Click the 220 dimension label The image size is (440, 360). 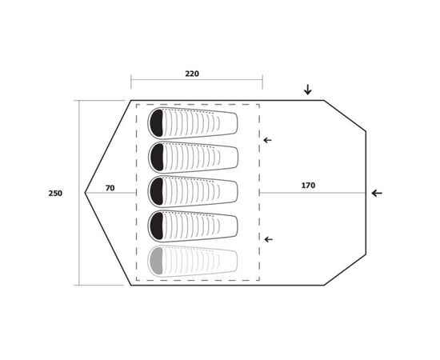pyautogui.click(x=192, y=74)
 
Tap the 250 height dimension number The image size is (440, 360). pyautogui.click(x=55, y=194)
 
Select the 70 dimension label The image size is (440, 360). pyautogui.click(x=110, y=188)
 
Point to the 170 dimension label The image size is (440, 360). pyautogui.click(x=308, y=186)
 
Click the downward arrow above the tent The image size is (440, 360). pyautogui.click(x=308, y=90)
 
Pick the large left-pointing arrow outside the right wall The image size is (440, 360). pyautogui.click(x=377, y=193)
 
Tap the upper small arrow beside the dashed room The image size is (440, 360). pyautogui.click(x=267, y=140)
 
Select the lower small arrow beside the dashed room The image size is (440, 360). pyautogui.click(x=269, y=239)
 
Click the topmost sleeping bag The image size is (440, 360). pyautogui.click(x=193, y=123)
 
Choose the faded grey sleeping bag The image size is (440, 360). pyautogui.click(x=193, y=262)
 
